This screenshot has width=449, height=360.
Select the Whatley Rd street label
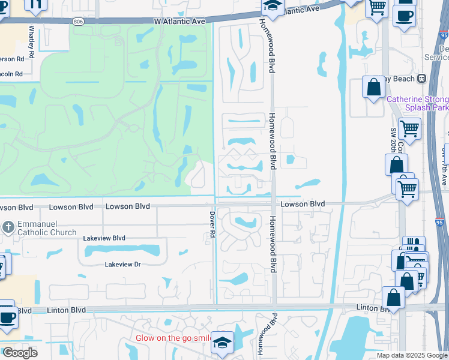(32, 37)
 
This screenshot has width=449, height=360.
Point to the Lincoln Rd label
(11, 74)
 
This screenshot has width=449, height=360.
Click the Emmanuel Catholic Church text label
(47, 228)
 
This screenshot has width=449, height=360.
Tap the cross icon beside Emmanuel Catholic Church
(8, 227)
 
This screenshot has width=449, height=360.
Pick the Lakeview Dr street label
(122, 264)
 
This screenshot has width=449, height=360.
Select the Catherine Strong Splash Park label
(418, 103)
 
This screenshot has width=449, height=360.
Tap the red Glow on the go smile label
(172, 338)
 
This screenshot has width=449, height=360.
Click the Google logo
(19, 353)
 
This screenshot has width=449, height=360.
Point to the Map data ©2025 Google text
(412, 355)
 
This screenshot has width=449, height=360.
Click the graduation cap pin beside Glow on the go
(222, 343)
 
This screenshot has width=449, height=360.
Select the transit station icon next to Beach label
(421, 79)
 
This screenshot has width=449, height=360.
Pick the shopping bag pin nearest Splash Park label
(373, 88)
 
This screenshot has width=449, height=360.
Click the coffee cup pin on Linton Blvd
(7, 317)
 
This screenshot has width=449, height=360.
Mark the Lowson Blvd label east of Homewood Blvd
(303, 204)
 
